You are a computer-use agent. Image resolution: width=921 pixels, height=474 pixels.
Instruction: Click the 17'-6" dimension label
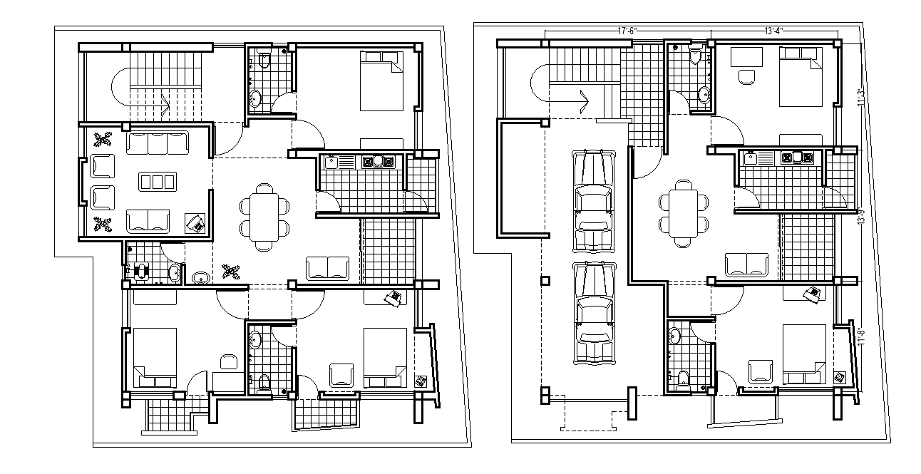tap(627, 31)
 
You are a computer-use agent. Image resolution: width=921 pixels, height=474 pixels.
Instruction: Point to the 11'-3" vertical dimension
tap(861, 97)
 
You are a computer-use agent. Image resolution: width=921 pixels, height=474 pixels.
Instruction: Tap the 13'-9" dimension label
tap(861, 216)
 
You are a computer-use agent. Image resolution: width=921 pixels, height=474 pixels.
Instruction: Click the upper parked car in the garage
tap(595, 200)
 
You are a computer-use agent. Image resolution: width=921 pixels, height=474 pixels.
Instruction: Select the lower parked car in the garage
tap(595, 312)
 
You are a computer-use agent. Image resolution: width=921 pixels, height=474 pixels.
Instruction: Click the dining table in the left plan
tap(265, 216)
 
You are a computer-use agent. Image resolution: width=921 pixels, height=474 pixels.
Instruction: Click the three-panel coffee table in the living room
tap(157, 181)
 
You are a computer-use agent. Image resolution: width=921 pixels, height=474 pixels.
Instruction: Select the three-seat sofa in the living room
tap(157, 143)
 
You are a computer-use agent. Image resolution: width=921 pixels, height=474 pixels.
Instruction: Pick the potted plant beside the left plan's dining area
tap(230, 271)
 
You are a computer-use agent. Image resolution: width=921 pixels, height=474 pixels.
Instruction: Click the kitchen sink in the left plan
tap(331, 162)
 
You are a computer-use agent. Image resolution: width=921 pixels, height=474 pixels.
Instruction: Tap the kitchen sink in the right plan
tap(751, 159)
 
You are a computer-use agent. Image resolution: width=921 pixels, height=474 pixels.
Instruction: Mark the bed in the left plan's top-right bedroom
tap(381, 81)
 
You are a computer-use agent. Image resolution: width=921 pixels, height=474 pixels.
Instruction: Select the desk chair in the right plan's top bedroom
tap(746, 77)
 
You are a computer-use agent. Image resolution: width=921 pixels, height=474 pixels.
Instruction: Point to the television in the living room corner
tap(195, 223)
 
